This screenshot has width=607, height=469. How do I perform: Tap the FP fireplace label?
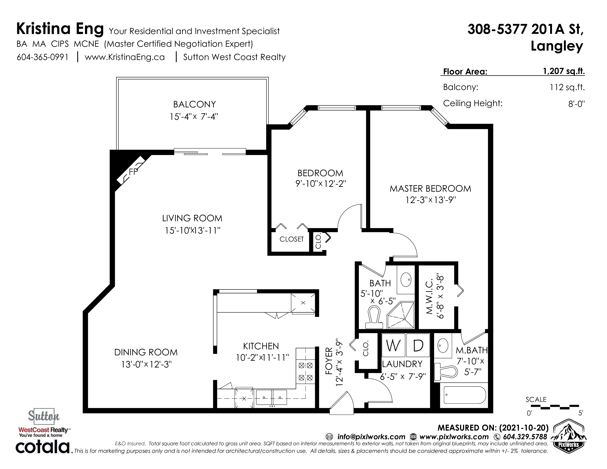coord(133,172)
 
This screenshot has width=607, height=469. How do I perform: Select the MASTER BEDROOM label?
coord(430,189)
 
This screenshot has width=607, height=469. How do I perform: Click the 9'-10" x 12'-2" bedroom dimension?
coord(320,184)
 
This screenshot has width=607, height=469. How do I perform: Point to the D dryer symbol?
coord(418,345)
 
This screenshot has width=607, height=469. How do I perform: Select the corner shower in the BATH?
coord(400,315)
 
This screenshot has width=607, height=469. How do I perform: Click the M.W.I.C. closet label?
coord(429,296)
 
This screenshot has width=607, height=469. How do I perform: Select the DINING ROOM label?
coord(146,352)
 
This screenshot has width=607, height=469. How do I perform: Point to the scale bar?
coord(555,407)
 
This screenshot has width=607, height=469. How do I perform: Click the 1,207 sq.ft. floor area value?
coord(564,71)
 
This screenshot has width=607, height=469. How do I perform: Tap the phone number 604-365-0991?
coord(42,57)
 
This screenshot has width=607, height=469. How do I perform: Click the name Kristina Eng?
coord(60,29)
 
